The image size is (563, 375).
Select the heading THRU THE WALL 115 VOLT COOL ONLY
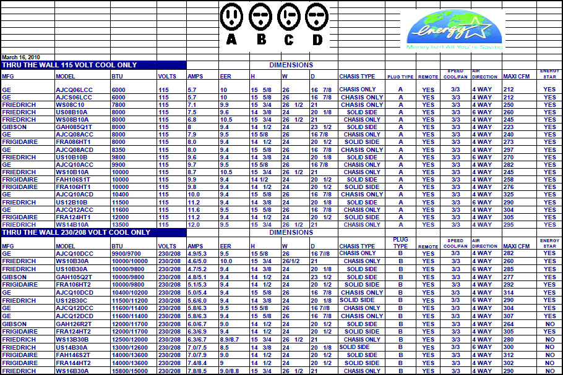click(69, 65)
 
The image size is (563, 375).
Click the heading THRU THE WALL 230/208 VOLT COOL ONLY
click(75, 233)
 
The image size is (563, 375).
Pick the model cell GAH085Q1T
click(74, 127)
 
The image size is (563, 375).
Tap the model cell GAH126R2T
click(74, 324)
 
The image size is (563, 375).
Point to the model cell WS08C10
click(69, 105)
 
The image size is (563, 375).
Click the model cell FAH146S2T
click(74, 355)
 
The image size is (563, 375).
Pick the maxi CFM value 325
click(509, 195)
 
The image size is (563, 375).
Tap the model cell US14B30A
click(72, 348)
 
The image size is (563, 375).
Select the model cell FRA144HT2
click(74, 363)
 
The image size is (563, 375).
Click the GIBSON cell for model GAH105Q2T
click(15, 277)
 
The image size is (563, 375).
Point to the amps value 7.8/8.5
click(197, 371)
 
